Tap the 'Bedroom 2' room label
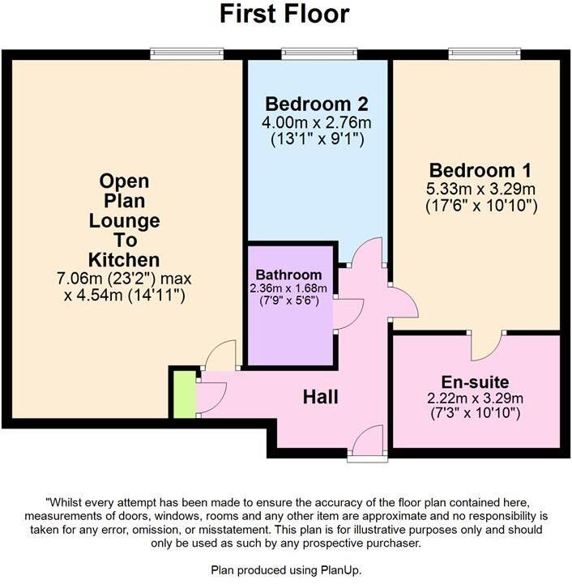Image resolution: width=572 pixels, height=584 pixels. (317, 104)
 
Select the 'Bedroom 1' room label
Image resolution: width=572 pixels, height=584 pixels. (480, 171)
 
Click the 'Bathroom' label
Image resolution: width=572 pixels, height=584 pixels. (289, 275)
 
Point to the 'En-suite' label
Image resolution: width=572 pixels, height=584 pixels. (476, 382)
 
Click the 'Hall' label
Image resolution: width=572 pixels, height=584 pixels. (320, 397)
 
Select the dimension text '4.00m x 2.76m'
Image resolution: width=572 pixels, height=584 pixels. (317, 122)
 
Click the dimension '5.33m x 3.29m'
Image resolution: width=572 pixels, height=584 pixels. (480, 189)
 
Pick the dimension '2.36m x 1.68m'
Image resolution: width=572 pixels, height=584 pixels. (289, 288)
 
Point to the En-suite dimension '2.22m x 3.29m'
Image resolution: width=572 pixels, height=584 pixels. (476, 398)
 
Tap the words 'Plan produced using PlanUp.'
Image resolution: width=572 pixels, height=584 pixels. (286, 570)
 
